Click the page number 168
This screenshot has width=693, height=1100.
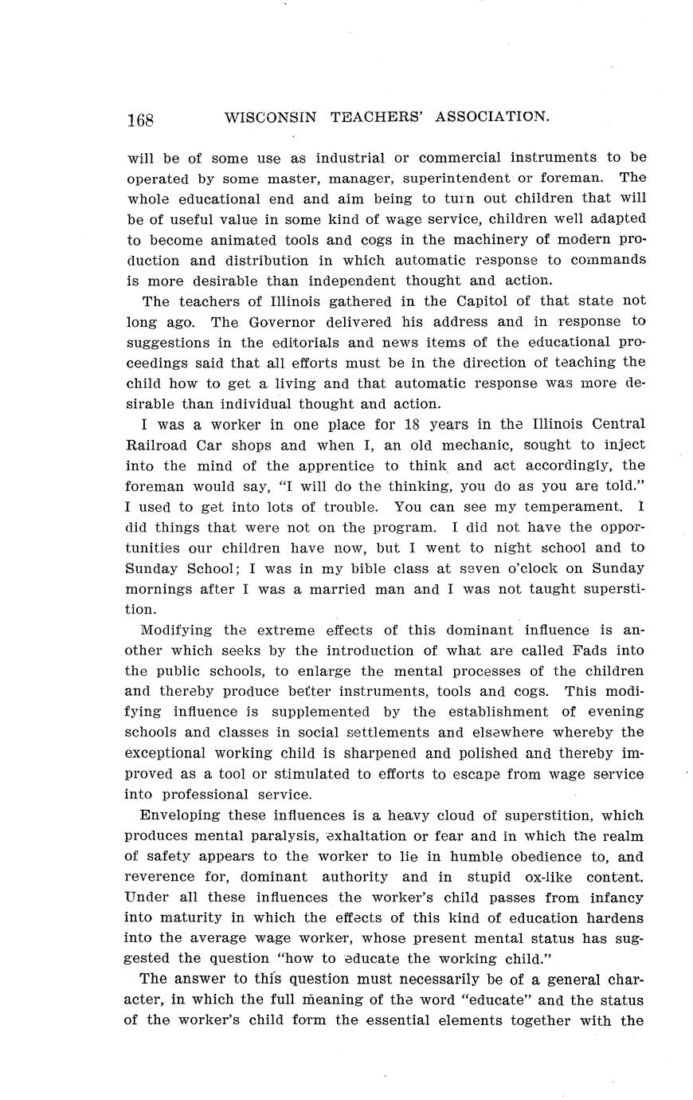[x=139, y=120]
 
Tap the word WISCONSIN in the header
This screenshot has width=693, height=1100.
[x=271, y=117]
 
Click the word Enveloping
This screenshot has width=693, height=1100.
[x=180, y=815]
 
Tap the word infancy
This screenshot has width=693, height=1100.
[x=611, y=898]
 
